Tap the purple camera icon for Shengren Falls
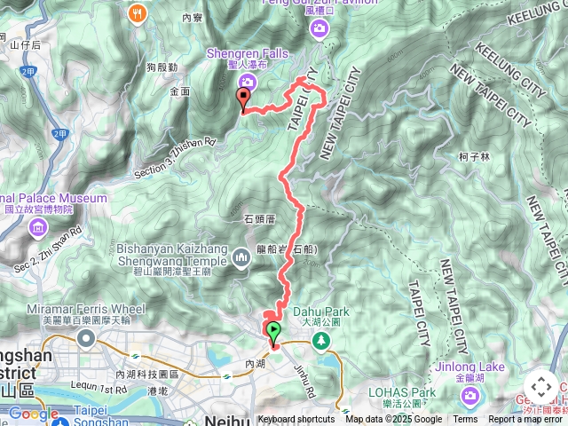click(246, 83)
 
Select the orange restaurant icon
click(136, 12)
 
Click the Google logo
click(34, 414)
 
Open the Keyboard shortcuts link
click(296, 420)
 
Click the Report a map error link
click(527, 420)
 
